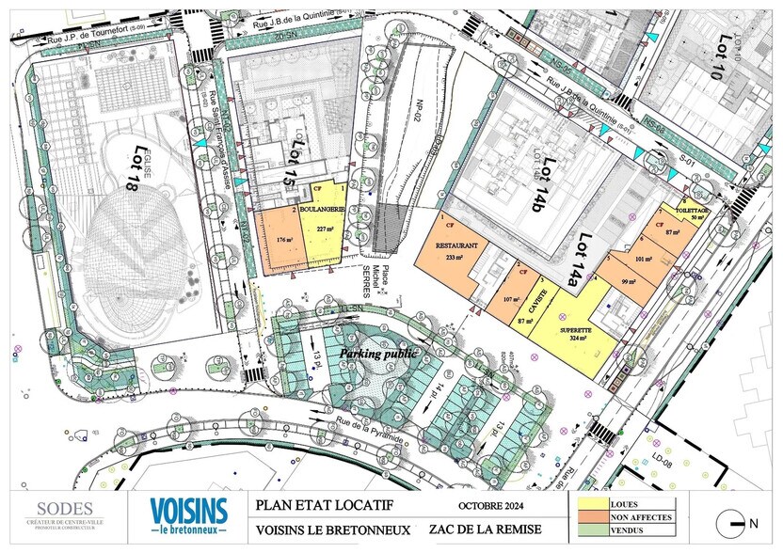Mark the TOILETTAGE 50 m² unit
[690, 213]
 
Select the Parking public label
[378, 355]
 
